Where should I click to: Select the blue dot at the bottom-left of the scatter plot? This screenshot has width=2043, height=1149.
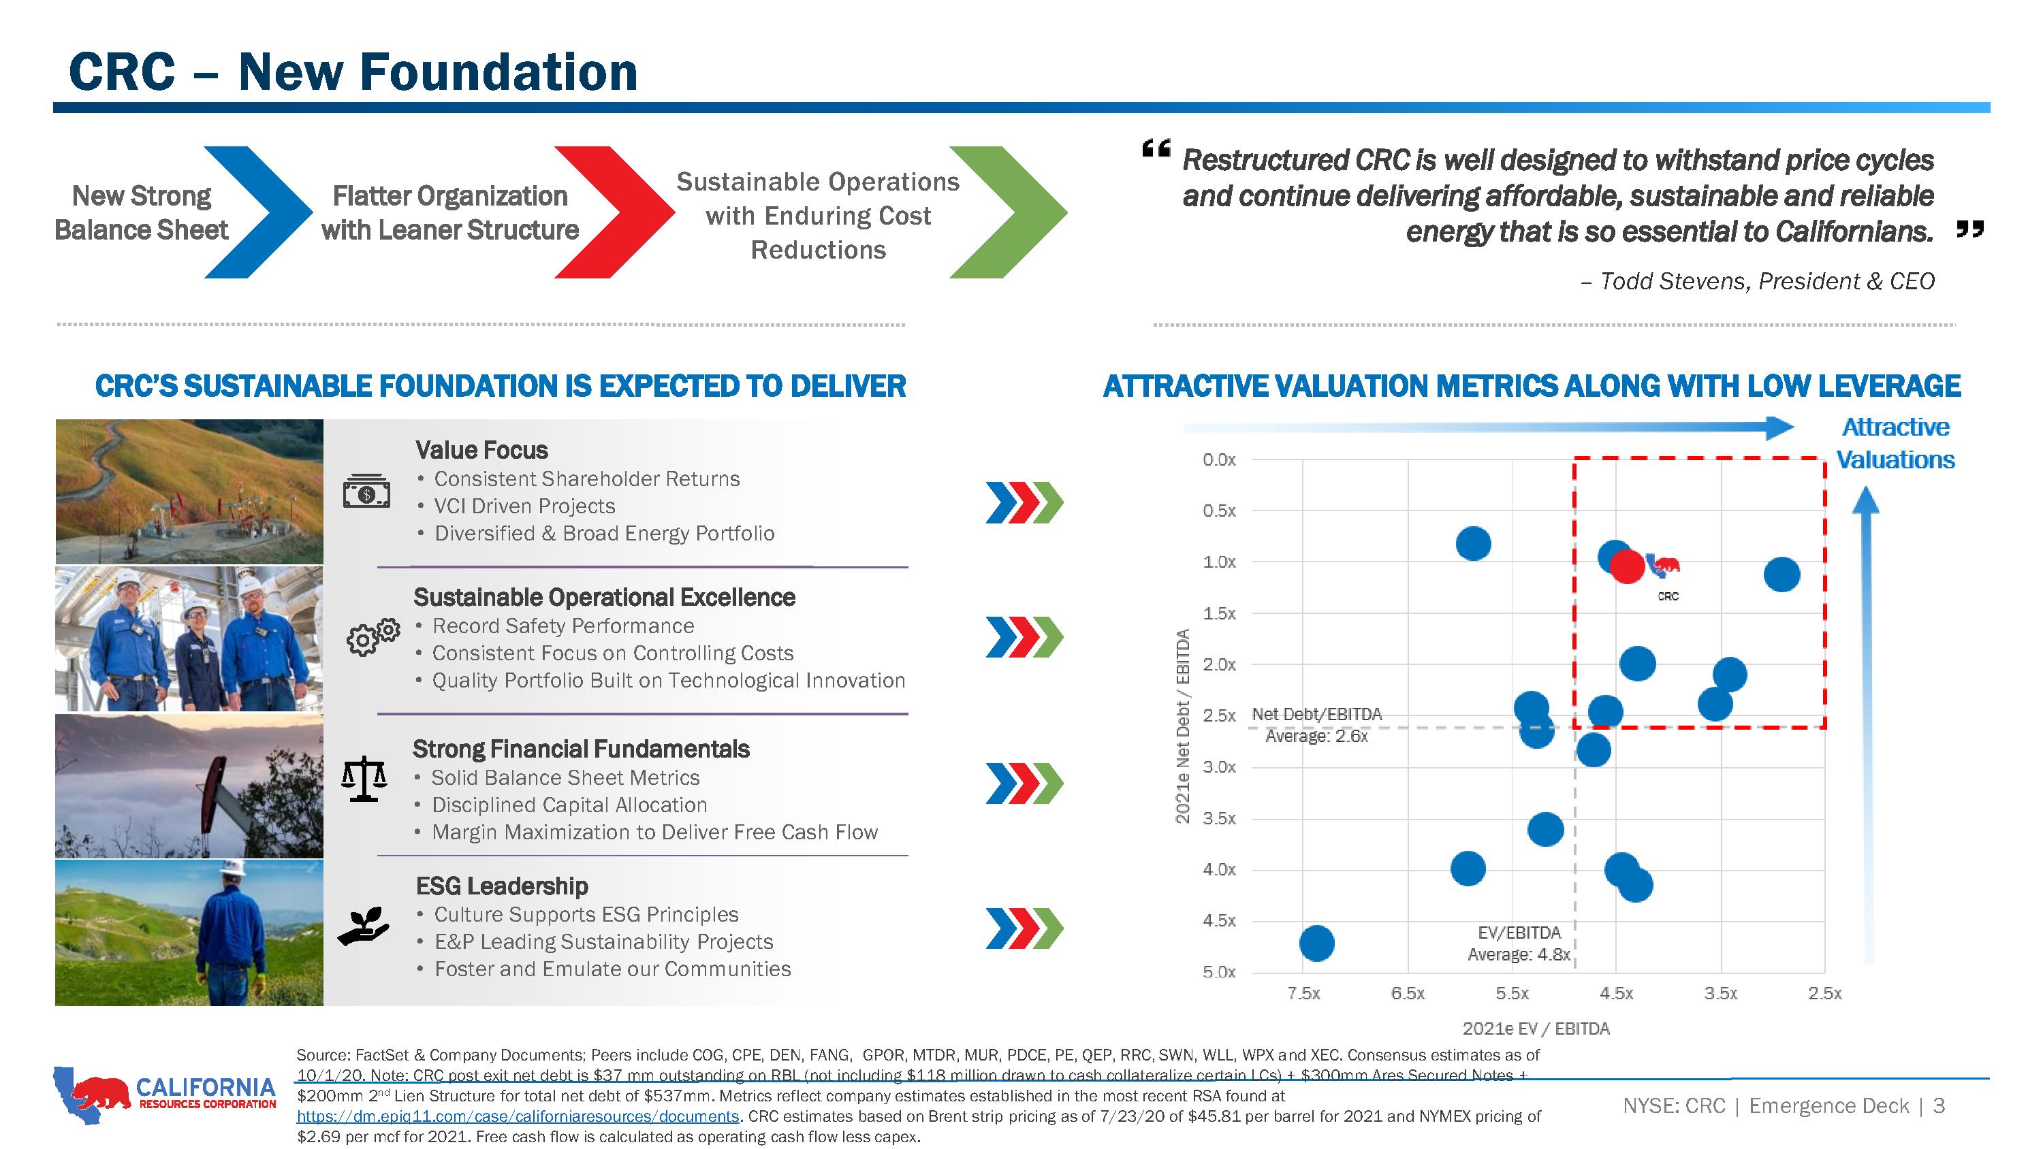(x=1316, y=943)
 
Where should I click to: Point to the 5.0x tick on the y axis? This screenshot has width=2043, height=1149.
(x=1219, y=972)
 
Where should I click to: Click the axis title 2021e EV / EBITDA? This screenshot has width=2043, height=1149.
(x=1536, y=1029)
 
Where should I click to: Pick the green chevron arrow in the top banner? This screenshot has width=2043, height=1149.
(x=1008, y=212)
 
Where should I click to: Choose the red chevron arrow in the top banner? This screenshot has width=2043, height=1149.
(x=614, y=212)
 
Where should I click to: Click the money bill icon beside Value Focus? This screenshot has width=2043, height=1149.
(x=366, y=491)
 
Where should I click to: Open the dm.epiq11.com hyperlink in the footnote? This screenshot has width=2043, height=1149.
(x=518, y=1116)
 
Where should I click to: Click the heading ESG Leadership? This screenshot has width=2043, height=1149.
(x=502, y=886)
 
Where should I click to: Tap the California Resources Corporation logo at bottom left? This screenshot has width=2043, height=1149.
(x=165, y=1095)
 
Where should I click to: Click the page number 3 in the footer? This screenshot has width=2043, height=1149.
(x=1938, y=1105)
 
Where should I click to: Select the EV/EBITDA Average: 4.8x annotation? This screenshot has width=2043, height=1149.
(x=1519, y=943)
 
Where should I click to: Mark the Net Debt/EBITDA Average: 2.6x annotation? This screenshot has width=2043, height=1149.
(x=1316, y=725)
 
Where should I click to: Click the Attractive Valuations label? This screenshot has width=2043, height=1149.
(x=1895, y=443)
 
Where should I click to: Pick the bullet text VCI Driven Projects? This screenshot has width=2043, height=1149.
(x=524, y=506)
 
